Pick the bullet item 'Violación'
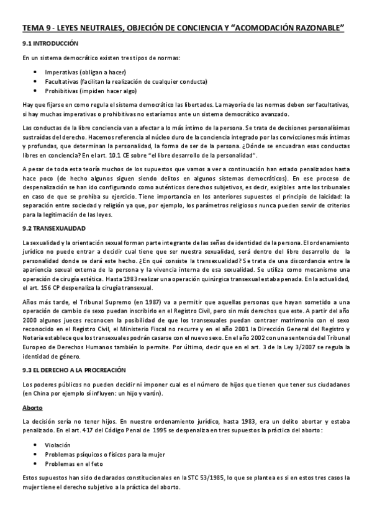click(58, 445)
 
